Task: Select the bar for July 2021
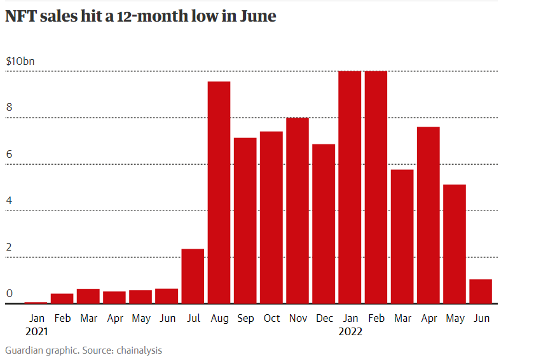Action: (193, 276)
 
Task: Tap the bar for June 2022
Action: (481, 291)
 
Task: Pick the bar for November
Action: (298, 211)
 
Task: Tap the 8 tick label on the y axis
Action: (9, 107)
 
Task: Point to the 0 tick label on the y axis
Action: (9, 293)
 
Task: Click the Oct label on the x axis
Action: (271, 318)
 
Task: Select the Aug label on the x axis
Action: (219, 318)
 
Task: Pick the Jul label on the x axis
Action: (193, 318)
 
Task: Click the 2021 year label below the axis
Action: (37, 331)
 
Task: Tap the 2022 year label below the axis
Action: (350, 331)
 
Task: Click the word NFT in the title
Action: (20, 17)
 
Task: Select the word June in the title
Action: (257, 17)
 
